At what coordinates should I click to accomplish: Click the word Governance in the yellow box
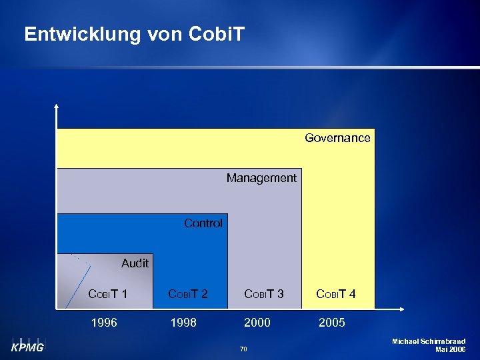click(337, 138)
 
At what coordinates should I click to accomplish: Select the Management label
click(261, 178)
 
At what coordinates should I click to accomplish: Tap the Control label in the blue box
click(203, 223)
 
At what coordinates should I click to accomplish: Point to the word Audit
click(135, 263)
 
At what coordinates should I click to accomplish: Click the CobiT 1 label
click(108, 294)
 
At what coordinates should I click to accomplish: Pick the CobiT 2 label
click(188, 294)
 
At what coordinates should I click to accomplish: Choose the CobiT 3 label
click(264, 294)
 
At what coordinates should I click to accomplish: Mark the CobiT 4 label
click(335, 294)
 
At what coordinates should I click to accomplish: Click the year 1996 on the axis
click(104, 323)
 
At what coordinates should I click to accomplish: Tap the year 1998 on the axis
click(183, 323)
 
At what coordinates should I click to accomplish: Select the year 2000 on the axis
click(257, 323)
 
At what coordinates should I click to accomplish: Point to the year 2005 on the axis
click(332, 323)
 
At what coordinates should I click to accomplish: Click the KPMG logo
click(27, 346)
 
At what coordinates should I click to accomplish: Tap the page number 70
click(243, 349)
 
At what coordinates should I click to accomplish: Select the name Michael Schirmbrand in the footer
click(429, 341)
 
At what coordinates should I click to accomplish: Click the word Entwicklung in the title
click(82, 35)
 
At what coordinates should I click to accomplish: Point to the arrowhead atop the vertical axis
click(57, 105)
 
